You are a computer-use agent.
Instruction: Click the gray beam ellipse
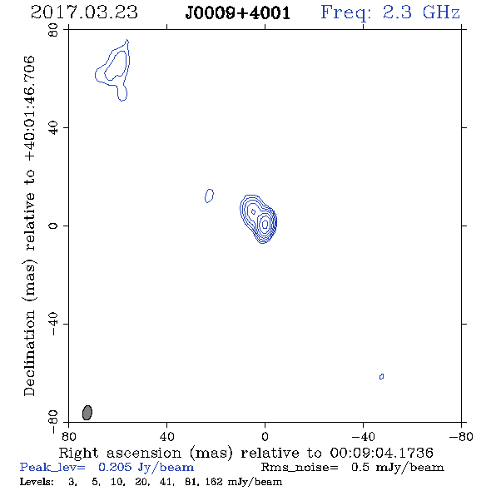[87, 413]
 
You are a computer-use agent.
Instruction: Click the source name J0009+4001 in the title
[237, 13]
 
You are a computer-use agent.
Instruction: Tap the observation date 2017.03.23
[84, 12]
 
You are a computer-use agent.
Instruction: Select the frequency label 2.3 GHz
[421, 12]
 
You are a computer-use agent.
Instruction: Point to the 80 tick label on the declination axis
[53, 30]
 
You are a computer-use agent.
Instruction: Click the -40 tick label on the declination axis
[53, 324]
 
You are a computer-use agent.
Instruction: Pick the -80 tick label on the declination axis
[53, 422]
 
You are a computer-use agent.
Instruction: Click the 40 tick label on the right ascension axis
[166, 437]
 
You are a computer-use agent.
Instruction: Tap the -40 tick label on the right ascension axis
[363, 437]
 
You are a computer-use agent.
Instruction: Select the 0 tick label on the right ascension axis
[265, 437]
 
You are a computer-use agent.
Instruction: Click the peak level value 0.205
[115, 467]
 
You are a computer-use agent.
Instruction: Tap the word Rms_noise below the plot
[300, 468]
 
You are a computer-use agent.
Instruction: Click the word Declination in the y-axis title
[29, 353]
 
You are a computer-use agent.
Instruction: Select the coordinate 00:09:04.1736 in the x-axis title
[382, 453]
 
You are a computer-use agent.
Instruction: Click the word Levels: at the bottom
[37, 481]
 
